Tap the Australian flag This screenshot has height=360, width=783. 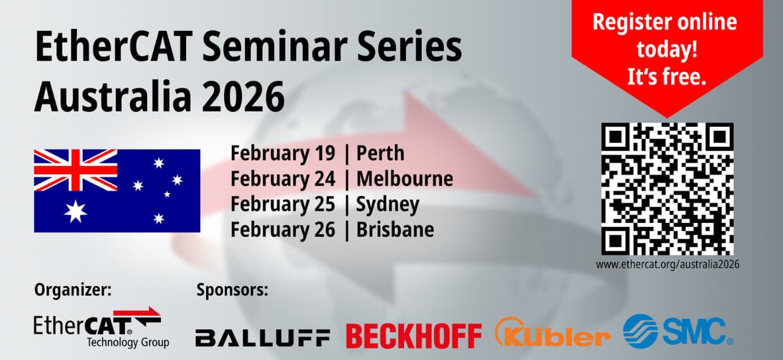point(117,191)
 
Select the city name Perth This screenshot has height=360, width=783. point(380,153)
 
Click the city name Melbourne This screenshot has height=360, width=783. point(405,179)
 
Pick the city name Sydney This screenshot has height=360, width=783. point(388,205)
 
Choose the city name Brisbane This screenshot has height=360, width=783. point(395,230)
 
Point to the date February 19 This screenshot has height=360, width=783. point(283,153)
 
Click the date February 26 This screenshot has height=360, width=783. point(283,230)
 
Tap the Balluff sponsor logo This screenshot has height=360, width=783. point(262,337)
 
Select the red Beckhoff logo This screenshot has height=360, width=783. point(414,336)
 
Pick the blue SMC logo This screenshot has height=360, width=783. point(678,332)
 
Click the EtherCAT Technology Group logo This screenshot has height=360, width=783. point(101,327)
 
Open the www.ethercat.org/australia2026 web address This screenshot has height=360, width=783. point(667,265)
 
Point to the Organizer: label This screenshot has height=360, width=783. point(73,291)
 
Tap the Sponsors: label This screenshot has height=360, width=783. point(232,291)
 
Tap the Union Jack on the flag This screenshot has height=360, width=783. point(76,170)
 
